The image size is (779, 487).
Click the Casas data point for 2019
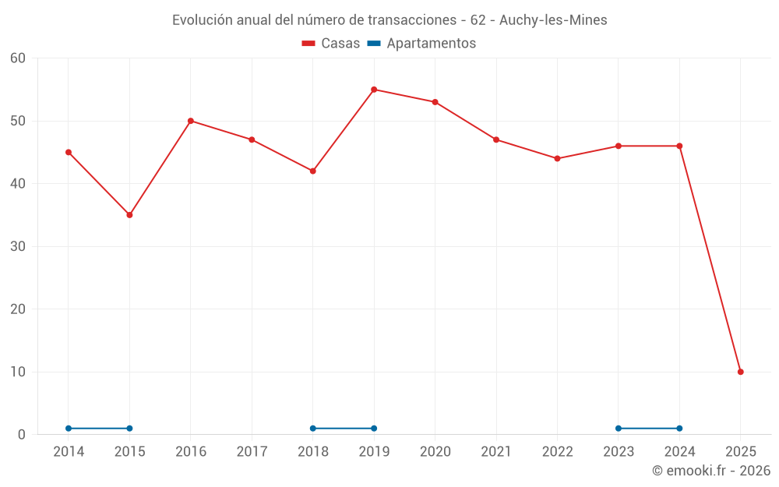(374, 90)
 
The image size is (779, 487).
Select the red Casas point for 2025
(741, 372)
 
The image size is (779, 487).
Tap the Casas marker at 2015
(129, 215)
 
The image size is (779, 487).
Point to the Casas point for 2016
(191, 121)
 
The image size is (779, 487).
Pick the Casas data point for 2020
(435, 102)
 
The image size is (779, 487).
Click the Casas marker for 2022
(557, 158)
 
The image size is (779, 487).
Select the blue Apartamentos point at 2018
(313, 429)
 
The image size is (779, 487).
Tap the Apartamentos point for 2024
(679, 429)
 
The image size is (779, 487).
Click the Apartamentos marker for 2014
(69, 429)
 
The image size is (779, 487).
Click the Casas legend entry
(331, 44)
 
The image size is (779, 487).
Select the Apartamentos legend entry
(421, 44)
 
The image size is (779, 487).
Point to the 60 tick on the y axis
(18, 58)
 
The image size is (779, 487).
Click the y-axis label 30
(18, 246)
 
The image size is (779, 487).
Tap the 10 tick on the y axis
(18, 372)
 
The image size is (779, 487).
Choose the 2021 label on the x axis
(496, 452)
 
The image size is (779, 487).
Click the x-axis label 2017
(252, 452)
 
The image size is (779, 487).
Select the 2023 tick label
(619, 452)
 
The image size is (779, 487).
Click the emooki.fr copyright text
(711, 471)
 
